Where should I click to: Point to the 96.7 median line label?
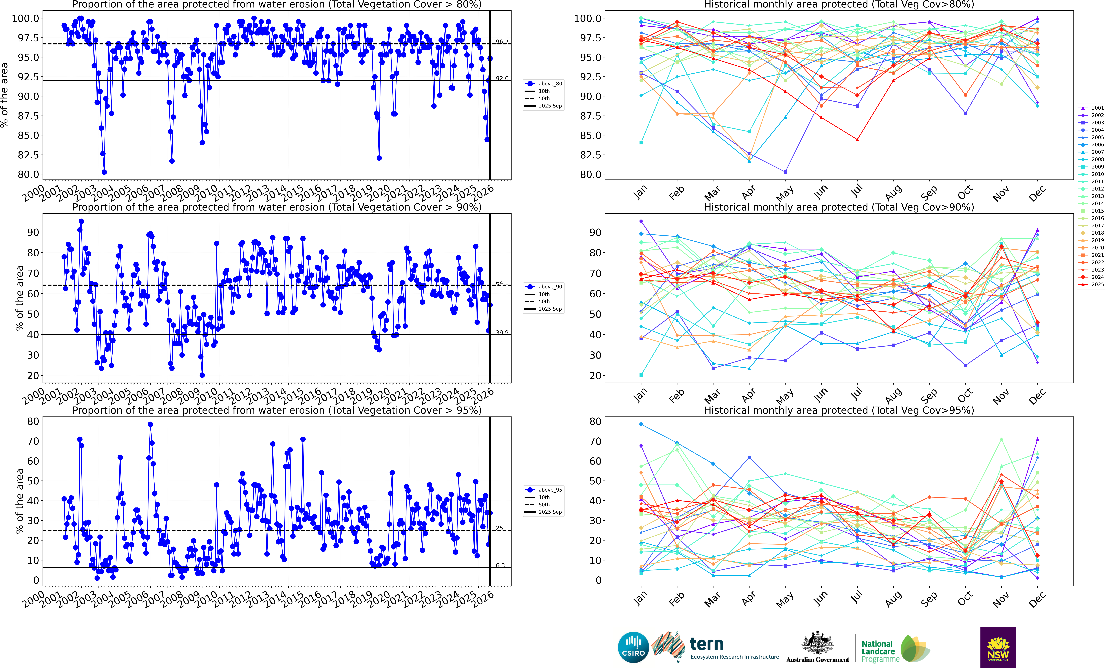tap(502, 42)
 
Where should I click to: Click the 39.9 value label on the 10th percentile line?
tap(502, 332)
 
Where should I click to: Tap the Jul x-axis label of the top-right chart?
tap(856, 192)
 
